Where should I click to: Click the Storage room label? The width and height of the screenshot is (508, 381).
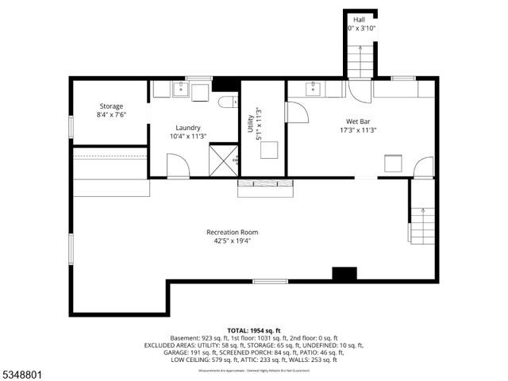click(111, 106)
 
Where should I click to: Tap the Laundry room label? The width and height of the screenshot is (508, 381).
click(188, 127)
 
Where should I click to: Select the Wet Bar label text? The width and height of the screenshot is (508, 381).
click(358, 121)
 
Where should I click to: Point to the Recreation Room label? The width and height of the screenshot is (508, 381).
click(232, 232)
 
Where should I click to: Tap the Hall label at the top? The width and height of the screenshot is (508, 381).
click(360, 19)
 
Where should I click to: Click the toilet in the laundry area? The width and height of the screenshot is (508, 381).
click(227, 102)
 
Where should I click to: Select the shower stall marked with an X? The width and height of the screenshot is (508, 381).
click(224, 161)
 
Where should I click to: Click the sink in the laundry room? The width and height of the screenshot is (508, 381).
click(181, 89)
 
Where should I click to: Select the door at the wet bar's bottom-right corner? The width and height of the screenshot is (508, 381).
click(424, 167)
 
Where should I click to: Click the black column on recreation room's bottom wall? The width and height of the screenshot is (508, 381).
click(344, 274)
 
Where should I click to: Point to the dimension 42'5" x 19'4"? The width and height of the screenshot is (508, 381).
click(232, 242)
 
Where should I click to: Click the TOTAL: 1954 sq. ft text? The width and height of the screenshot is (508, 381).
click(254, 330)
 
